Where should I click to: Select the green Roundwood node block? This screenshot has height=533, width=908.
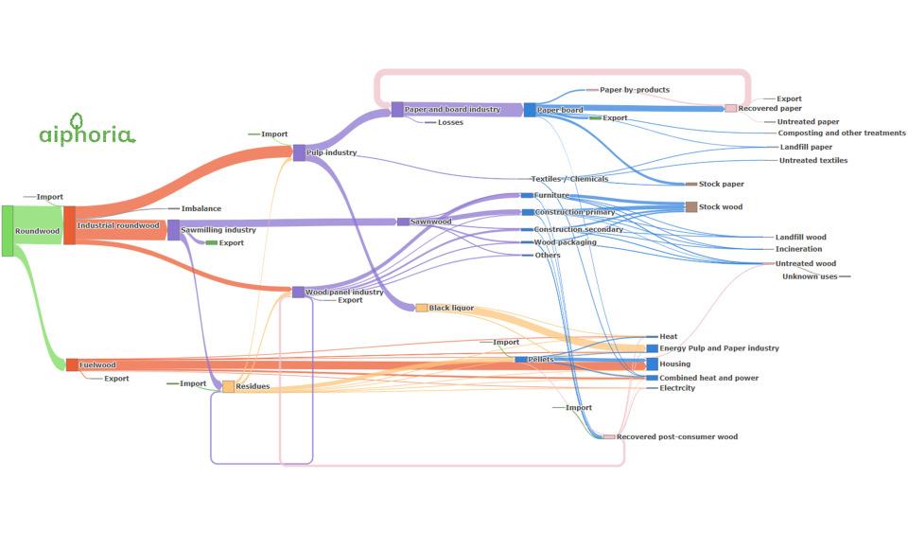click(8, 231)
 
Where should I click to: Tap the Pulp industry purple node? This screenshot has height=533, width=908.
click(299, 153)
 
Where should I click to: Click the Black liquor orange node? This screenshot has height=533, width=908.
click(422, 308)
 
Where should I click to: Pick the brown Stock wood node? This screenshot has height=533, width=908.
click(691, 206)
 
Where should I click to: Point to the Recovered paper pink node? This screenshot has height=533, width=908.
click(731, 108)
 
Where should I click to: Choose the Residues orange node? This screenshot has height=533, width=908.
click(229, 386)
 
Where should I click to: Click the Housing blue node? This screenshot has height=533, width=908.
click(652, 364)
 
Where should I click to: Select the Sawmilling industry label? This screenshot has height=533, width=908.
click(218, 230)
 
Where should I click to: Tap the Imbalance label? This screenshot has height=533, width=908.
click(201, 208)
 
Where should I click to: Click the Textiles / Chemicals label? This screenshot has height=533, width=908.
click(569, 179)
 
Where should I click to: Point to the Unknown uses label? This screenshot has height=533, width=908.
click(810, 276)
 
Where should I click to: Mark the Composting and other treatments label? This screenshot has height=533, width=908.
click(842, 133)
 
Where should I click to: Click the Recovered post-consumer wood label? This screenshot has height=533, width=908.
click(677, 436)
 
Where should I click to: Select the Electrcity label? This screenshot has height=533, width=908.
click(677, 388)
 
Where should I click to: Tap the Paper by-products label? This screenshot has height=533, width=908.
click(635, 90)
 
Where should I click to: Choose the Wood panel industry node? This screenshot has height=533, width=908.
click(298, 292)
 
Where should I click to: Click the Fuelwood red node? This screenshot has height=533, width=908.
click(72, 365)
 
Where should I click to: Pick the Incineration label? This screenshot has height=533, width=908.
click(798, 249)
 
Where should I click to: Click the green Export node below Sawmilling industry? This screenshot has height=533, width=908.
click(211, 242)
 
